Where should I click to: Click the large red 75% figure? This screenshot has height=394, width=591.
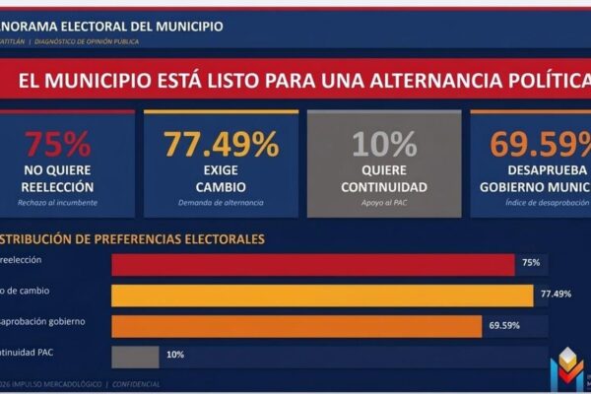(57, 144)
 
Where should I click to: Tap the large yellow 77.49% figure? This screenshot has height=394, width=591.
(221, 144)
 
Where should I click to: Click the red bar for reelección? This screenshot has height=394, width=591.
(312, 264)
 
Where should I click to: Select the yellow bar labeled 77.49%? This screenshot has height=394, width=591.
(322, 295)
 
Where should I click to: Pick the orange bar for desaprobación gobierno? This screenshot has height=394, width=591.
(296, 325)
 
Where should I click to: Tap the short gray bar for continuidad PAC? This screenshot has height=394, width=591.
(135, 356)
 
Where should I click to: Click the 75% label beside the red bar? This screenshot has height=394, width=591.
(531, 264)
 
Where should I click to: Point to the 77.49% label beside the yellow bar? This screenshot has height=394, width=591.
(557, 295)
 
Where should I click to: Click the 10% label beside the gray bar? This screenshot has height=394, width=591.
(175, 356)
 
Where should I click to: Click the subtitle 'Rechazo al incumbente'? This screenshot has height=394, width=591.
(59, 203)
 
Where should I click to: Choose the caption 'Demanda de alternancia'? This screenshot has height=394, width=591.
(221, 203)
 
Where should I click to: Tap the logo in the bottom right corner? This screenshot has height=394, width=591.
(567, 370)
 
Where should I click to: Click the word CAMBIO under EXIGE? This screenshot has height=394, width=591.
(221, 186)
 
